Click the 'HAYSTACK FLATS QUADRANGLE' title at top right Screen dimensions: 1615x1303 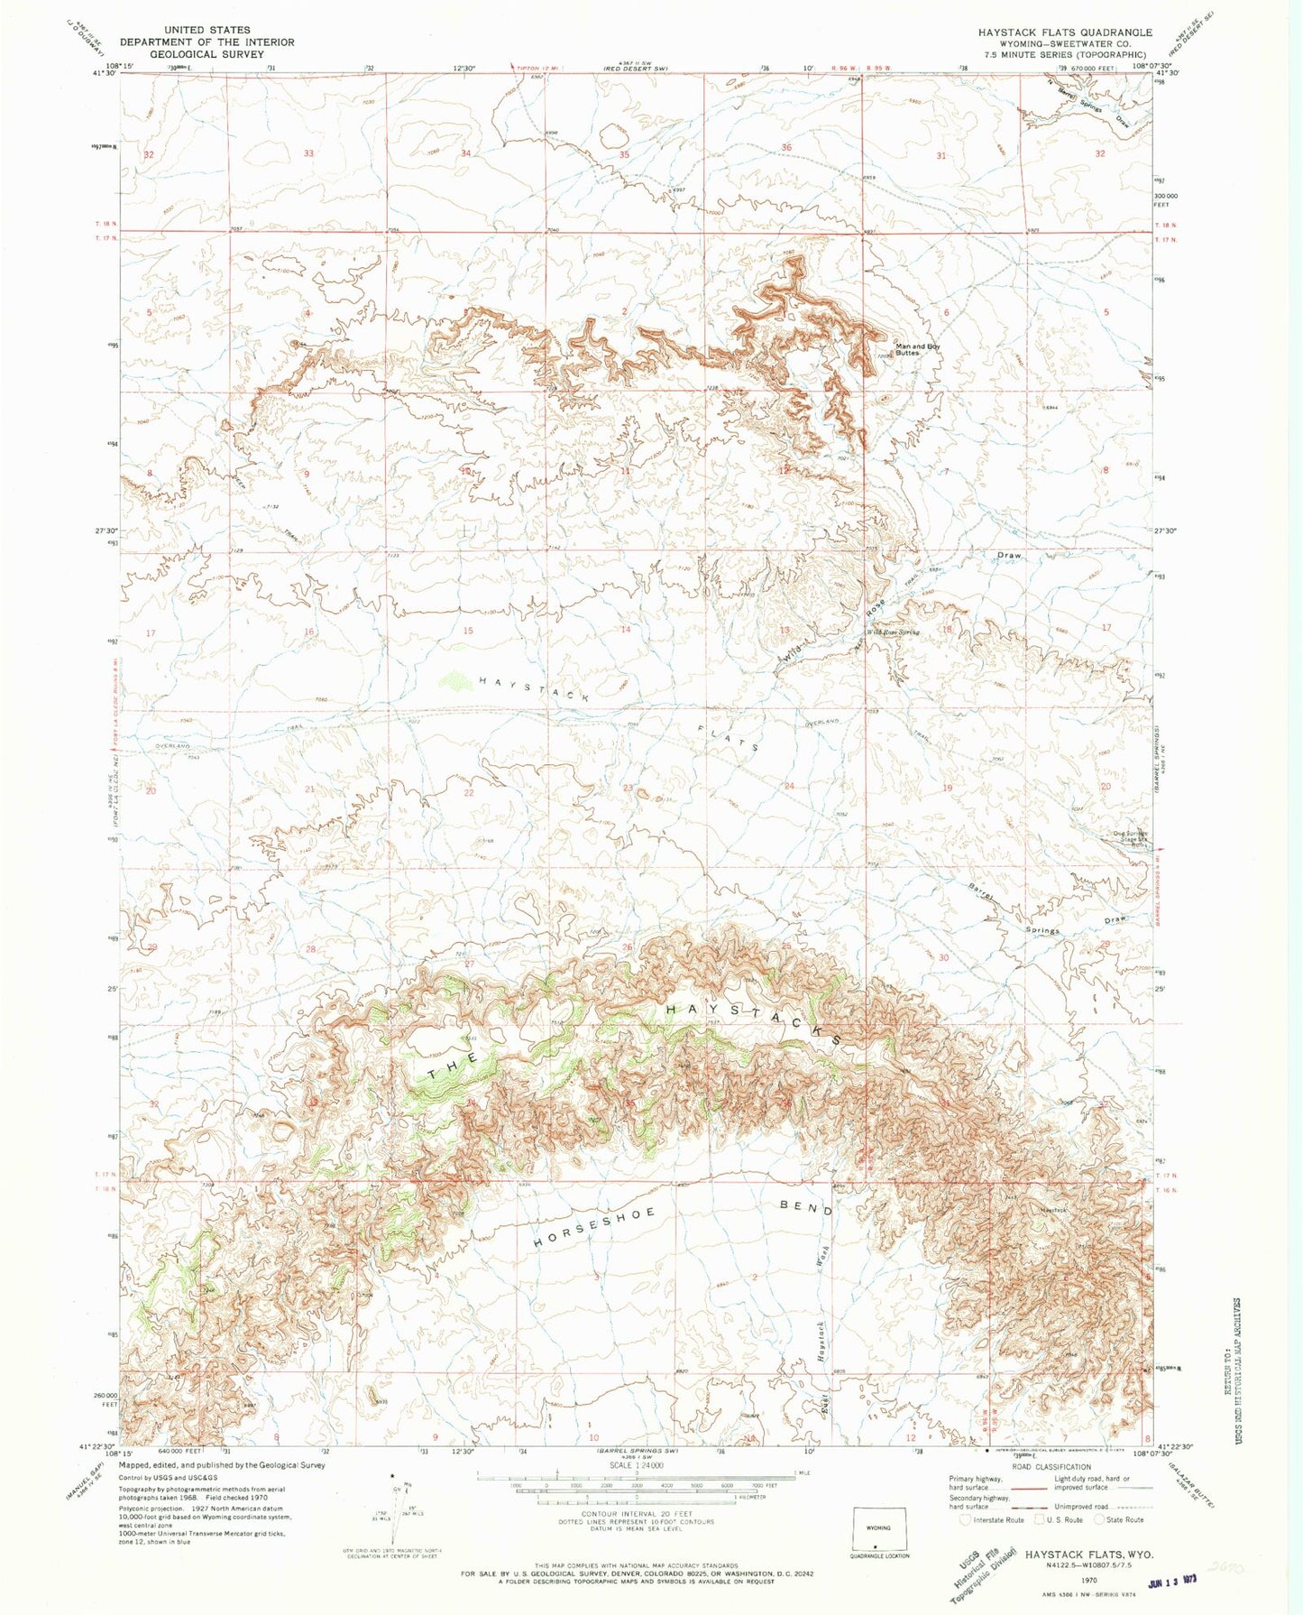click(x=1065, y=32)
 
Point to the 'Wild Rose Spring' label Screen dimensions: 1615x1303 click(x=893, y=632)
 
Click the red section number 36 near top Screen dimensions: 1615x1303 click(x=786, y=148)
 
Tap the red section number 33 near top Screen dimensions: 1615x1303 click(x=308, y=153)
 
